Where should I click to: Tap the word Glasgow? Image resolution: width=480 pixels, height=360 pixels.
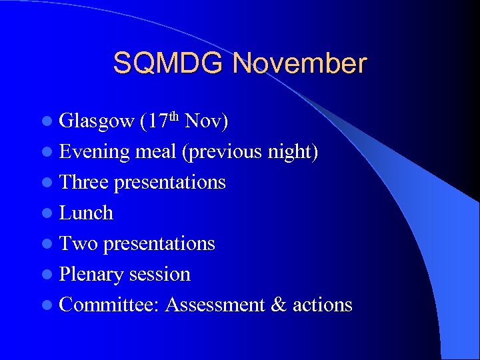[97, 121]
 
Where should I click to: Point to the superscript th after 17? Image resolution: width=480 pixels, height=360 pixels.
[174, 117]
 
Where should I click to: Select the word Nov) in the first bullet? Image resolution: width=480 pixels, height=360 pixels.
[207, 121]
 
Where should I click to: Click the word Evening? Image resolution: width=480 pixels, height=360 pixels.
[94, 152]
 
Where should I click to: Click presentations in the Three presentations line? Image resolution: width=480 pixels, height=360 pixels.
[170, 183]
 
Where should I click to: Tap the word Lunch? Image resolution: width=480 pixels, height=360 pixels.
[86, 213]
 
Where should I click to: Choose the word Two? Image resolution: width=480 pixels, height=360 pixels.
[79, 243]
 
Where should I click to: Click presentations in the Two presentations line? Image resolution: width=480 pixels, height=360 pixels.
[159, 244]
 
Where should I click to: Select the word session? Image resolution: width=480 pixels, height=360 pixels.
[159, 274]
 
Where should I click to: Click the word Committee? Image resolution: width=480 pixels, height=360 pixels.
[109, 305]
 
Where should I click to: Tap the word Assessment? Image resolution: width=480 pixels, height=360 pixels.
[215, 305]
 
